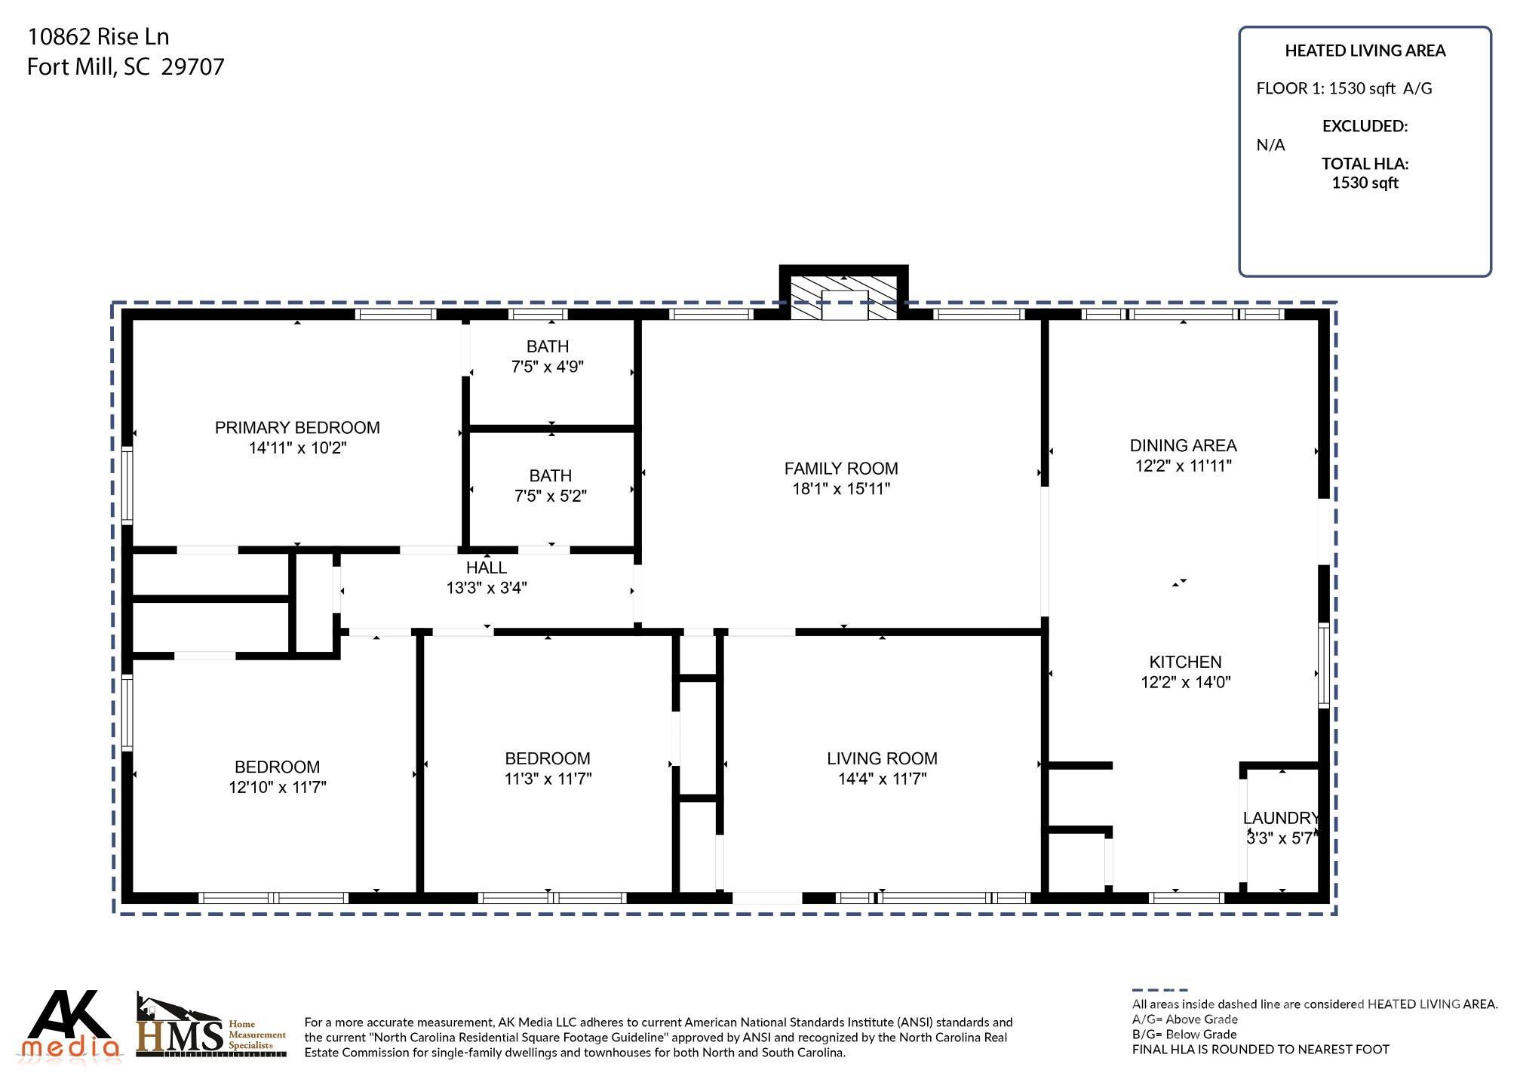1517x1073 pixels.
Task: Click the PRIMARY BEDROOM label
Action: pyautogui.click(x=297, y=428)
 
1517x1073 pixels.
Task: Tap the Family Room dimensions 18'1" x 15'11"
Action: pyautogui.click(x=840, y=489)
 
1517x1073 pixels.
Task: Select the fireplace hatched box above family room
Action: pyautogui.click(x=843, y=297)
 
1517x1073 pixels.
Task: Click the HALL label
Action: pyautogui.click(x=487, y=567)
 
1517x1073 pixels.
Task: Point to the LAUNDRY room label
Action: pyautogui.click(x=1281, y=818)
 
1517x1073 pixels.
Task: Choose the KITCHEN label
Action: pyautogui.click(x=1184, y=662)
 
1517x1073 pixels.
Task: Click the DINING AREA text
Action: pyautogui.click(x=1183, y=445)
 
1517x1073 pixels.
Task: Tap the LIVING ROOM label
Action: pyautogui.click(x=882, y=758)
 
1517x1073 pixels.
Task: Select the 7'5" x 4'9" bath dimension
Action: pyautogui.click(x=548, y=367)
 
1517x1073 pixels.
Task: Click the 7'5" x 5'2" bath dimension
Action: pyautogui.click(x=550, y=497)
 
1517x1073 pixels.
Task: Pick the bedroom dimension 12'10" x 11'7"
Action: pyautogui.click(x=277, y=788)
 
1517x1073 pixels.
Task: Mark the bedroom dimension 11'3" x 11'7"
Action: pyautogui.click(x=548, y=779)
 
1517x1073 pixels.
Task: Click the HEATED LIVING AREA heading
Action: pyautogui.click(x=1365, y=51)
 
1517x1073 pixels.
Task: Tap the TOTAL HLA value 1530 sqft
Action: pyautogui.click(x=1365, y=183)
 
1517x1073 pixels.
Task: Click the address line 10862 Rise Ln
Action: pyautogui.click(x=98, y=36)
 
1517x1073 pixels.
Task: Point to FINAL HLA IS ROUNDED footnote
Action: pyautogui.click(x=1260, y=1049)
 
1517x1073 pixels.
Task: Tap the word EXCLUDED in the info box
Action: pyautogui.click(x=1365, y=126)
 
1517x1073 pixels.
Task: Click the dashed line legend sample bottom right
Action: pyautogui.click(x=1159, y=990)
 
